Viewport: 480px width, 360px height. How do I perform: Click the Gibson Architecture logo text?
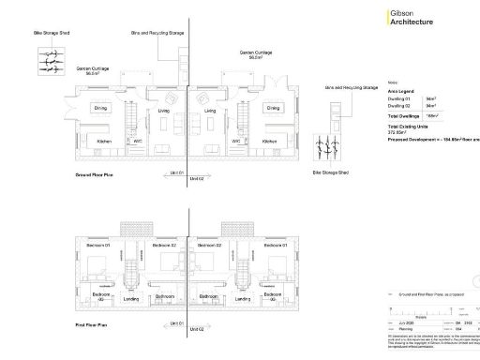412,18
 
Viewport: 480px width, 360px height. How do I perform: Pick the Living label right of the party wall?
210,111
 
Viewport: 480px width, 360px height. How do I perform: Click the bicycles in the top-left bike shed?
50,59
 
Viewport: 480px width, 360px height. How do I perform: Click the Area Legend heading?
401,90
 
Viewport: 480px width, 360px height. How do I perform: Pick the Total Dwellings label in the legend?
405,114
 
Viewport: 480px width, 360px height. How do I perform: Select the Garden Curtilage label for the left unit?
92,67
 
